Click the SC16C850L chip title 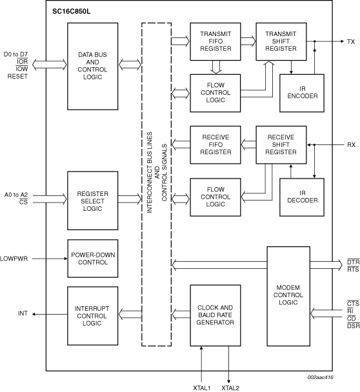coord(72,12)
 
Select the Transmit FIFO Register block coord(215,41)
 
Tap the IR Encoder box coord(302,93)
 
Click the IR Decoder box coord(302,197)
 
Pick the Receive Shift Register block coord(281,145)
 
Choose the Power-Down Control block coord(92,259)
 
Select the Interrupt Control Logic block coord(92,316)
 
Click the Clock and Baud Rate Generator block coord(215,315)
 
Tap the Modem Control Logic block coord(288,296)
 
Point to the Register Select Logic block coord(92,201)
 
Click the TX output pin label coord(351,42)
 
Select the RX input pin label coord(351,145)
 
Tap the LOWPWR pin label coord(14,259)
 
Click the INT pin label coord(23,313)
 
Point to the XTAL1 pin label coord(202,388)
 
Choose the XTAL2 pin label coord(230,388)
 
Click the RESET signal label coord(17,77)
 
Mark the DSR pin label coord(354,326)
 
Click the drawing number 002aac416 coord(321,377)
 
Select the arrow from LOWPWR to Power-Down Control coord(50,259)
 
